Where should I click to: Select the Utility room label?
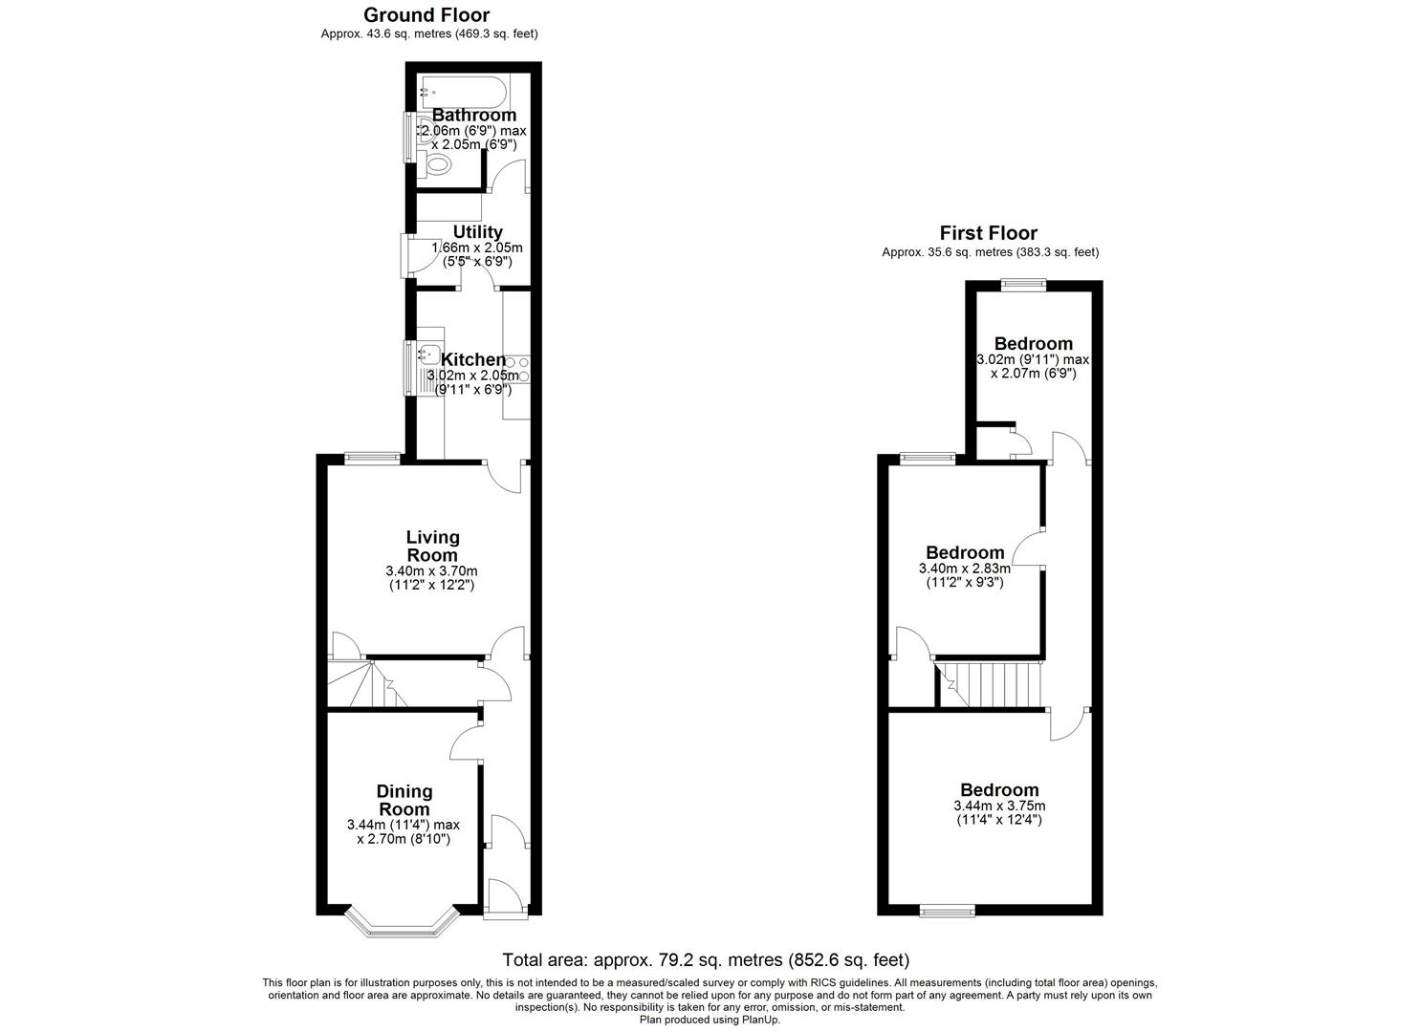pyautogui.click(x=477, y=232)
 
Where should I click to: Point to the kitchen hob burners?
pyautogui.click(x=517, y=369)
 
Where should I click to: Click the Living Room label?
pyautogui.click(x=432, y=546)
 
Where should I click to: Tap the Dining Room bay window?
pyautogui.click(x=401, y=923)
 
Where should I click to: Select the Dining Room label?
pyautogui.click(x=404, y=800)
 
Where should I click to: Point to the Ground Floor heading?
pyautogui.click(x=426, y=15)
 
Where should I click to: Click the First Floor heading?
pyautogui.click(x=988, y=233)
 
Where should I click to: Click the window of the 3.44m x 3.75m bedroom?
pyautogui.click(x=947, y=912)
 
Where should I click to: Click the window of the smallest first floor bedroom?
pyautogui.click(x=1023, y=283)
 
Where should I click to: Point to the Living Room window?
pyautogui.click(x=372, y=458)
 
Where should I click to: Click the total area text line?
pyautogui.click(x=706, y=959)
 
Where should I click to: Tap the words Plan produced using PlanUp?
pyautogui.click(x=709, y=1020)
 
